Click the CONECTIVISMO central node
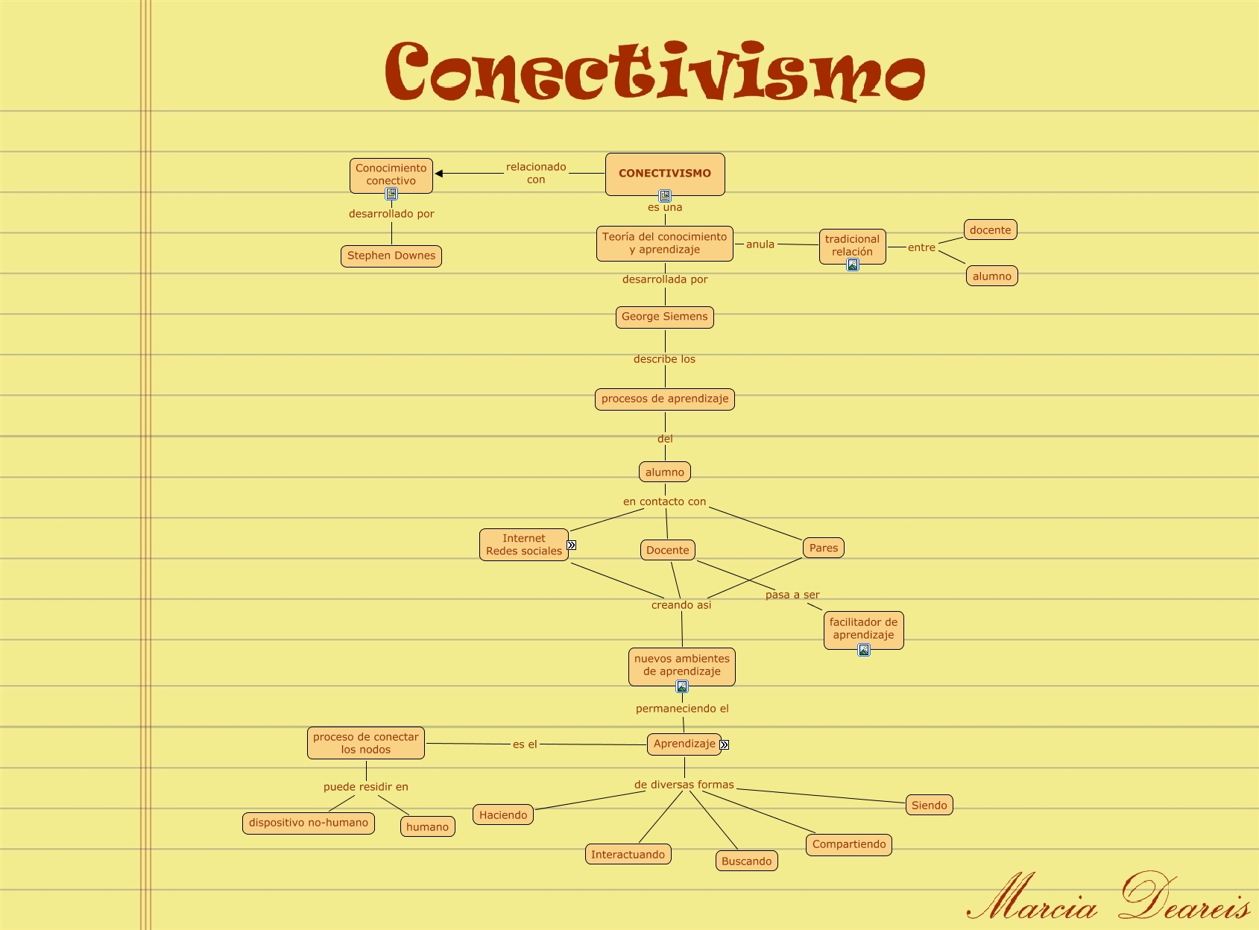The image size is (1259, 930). point(665,174)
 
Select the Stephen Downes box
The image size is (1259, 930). point(391,256)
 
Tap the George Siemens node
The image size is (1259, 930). point(665,317)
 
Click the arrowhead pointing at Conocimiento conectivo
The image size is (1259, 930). point(439,174)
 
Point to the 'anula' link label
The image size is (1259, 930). point(760,244)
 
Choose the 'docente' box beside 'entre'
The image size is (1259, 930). point(991,230)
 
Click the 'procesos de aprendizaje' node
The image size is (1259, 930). point(665,399)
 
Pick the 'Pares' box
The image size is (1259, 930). point(824,548)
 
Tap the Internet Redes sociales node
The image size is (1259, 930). point(524,545)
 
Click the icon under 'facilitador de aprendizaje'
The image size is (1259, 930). point(864,650)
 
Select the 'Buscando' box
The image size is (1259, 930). point(746,861)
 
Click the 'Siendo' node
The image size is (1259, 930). point(929,805)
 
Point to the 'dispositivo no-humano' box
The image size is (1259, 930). point(309,823)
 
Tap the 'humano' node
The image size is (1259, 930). point(428,826)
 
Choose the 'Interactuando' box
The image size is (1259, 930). point(628,855)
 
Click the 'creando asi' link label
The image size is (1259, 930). point(681,605)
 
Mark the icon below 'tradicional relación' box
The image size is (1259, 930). point(853,265)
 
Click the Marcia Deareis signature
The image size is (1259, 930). point(1108,897)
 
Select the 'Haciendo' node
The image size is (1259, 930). point(503,815)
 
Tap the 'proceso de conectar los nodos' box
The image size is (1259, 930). point(366,743)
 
